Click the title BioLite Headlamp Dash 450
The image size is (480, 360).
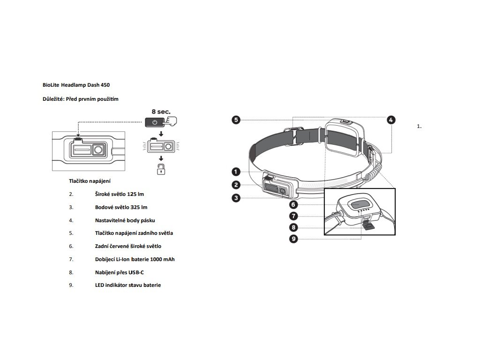(x=76, y=85)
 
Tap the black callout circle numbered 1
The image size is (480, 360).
(x=236, y=172)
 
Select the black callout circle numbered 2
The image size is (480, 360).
(x=236, y=185)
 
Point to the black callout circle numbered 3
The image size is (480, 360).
(x=236, y=198)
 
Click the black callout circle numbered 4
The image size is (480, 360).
(x=391, y=120)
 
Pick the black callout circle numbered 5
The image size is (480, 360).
(x=236, y=120)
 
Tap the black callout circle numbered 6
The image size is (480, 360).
(x=294, y=204)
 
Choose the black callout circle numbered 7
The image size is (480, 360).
(x=294, y=216)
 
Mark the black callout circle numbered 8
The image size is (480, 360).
(x=294, y=227)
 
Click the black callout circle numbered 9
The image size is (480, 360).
(x=294, y=239)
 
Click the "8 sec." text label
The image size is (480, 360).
(x=161, y=112)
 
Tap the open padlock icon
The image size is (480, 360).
(x=161, y=169)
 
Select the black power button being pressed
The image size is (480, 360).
(x=155, y=122)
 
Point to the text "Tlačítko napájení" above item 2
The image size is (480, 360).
(x=90, y=180)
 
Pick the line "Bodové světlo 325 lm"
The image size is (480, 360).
(x=121, y=207)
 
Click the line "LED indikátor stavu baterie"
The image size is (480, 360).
(x=127, y=285)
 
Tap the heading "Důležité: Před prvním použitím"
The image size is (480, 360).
(x=81, y=99)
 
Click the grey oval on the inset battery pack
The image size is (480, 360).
(x=360, y=204)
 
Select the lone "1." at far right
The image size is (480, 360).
(x=419, y=126)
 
